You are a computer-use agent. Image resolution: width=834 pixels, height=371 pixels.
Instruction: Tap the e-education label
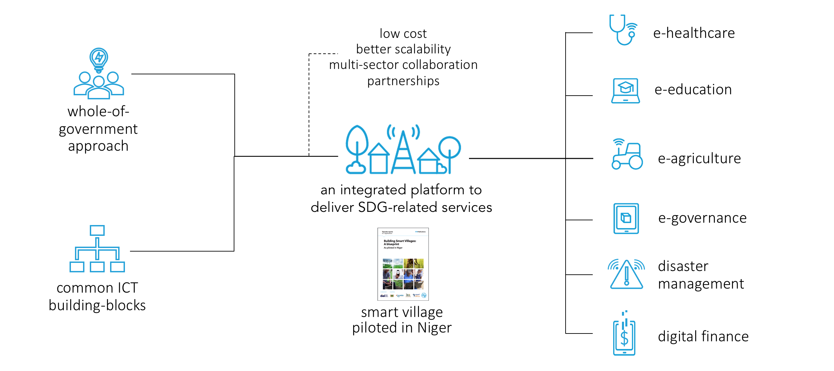693,90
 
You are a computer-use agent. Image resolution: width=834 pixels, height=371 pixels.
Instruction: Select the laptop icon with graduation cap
625,91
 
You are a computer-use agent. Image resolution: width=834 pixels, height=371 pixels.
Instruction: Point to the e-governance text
702,218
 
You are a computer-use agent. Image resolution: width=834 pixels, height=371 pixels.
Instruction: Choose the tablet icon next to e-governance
626,218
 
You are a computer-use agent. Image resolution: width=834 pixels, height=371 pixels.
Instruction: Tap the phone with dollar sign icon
624,336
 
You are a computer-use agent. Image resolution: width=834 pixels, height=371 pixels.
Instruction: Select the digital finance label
703,337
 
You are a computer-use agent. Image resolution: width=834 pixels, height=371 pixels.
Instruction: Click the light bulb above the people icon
99,59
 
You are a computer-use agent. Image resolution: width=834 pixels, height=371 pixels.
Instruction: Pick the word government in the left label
98,129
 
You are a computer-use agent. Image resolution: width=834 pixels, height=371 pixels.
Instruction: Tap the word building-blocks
97,305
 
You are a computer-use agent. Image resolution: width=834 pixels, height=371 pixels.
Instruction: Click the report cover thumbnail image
403,264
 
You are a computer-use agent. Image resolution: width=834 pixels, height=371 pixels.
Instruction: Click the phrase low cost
403,34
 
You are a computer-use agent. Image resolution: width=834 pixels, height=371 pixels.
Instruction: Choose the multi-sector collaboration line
403,65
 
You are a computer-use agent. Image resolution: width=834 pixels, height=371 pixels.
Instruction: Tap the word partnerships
403,81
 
